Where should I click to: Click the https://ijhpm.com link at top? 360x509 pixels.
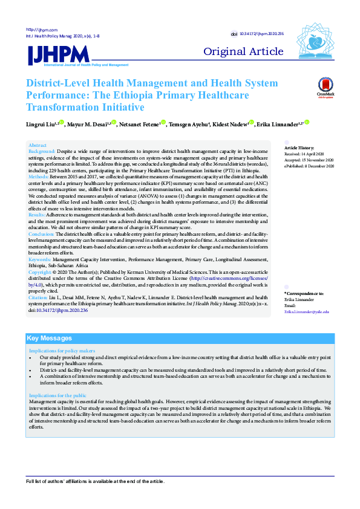[41, 30]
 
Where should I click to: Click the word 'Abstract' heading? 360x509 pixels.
[38, 146]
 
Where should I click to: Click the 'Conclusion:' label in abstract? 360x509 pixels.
[42, 233]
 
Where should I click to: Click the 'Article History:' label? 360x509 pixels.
[299, 148]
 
